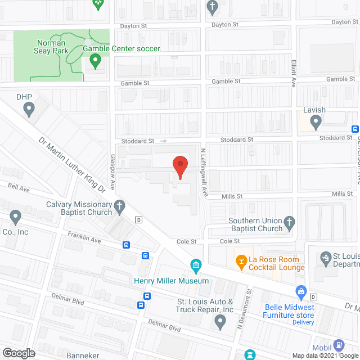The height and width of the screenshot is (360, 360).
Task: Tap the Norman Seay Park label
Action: coord(51,47)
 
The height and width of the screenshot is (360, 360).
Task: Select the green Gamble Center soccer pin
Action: coord(94,60)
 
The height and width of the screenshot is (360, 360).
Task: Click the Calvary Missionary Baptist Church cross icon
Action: coord(120,208)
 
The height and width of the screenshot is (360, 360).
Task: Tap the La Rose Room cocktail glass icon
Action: coord(241,260)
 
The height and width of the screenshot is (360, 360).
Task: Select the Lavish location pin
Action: coord(316,121)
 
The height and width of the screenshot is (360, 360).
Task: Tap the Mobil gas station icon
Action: coord(339,345)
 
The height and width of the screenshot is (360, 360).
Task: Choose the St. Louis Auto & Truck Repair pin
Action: coord(220,322)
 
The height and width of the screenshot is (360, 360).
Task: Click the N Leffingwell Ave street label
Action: coord(205,172)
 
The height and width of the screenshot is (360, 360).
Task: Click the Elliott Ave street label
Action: coord(293,73)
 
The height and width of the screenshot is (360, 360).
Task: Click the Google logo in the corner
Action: coord(19,353)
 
